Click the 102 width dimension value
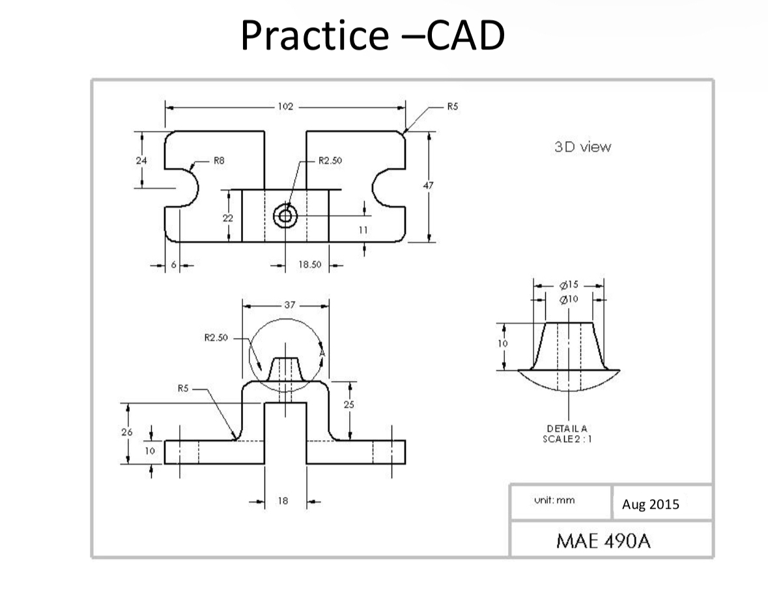coord(286,106)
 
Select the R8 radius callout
coord(219,160)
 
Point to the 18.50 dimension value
coord(306,266)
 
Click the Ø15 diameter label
coord(569,285)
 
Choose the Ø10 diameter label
coord(569,299)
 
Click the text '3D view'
coord(582,147)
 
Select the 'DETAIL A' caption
coord(567,428)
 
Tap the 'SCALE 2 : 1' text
coord(567,438)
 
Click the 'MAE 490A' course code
coord(603,541)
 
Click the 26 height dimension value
coord(126,432)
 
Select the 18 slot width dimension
coord(283,502)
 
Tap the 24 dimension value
coord(142,160)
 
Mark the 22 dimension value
coord(227,218)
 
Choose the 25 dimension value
coord(350,405)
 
